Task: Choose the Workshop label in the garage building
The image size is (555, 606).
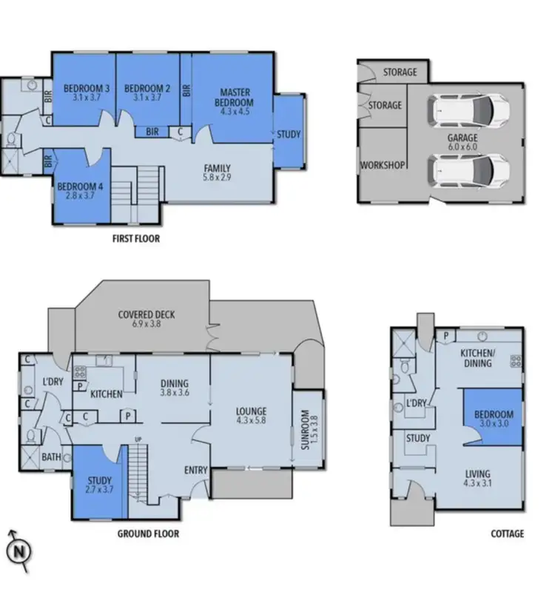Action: click(x=382, y=164)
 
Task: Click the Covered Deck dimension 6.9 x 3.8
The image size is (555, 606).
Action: click(x=147, y=324)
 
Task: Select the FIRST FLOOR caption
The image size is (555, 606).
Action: click(x=135, y=239)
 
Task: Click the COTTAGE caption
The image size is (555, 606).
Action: click(x=507, y=533)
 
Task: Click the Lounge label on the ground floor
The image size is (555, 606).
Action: click(x=251, y=411)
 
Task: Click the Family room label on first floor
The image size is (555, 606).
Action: click(x=218, y=168)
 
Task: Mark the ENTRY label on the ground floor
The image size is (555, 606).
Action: click(x=196, y=471)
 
